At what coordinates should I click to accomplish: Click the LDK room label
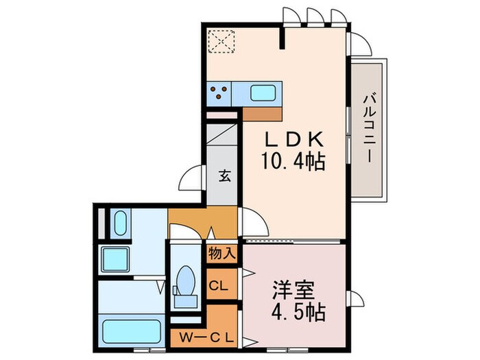pos(295,139)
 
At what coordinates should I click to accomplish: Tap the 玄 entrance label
pos(224,175)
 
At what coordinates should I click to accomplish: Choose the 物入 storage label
pos(222,253)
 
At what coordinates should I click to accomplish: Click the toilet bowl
pos(185,282)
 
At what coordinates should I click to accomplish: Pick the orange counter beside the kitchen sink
pos(262,112)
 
